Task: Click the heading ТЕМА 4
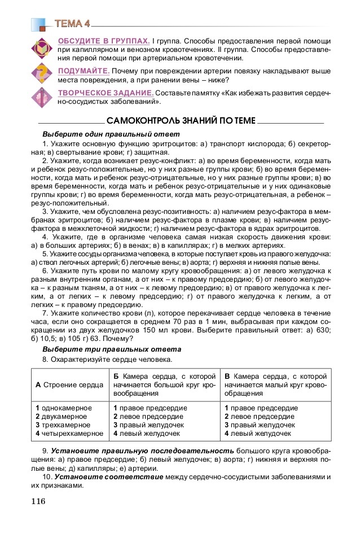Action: tap(72, 23)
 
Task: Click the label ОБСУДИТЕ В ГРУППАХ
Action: tap(103, 41)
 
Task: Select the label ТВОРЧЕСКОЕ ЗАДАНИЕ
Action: tap(105, 93)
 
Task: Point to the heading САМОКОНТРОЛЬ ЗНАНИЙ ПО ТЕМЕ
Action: tap(181, 121)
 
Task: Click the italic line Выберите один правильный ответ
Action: tap(111, 134)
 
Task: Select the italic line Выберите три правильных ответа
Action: tap(112, 349)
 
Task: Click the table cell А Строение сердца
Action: tap(69, 384)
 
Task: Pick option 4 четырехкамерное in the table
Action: tap(69, 434)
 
